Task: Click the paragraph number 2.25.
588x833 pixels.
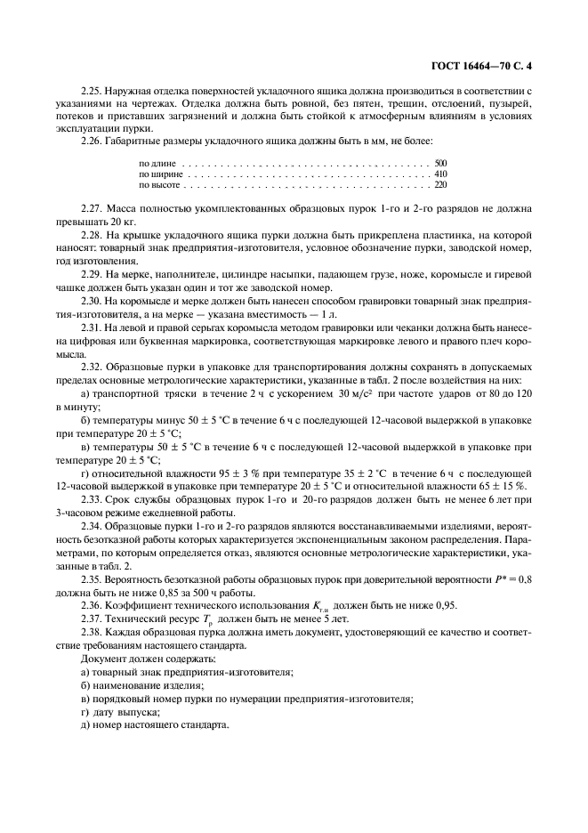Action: coord(92,91)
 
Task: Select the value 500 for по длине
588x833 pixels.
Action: coord(440,164)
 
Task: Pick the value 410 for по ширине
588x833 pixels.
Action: coord(440,174)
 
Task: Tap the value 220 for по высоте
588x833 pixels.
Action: coord(440,185)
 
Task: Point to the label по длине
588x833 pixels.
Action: coord(157,164)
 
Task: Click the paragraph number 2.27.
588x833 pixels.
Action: coord(92,208)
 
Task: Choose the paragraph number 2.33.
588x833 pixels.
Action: coord(92,502)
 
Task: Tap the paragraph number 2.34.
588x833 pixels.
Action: coord(92,527)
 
